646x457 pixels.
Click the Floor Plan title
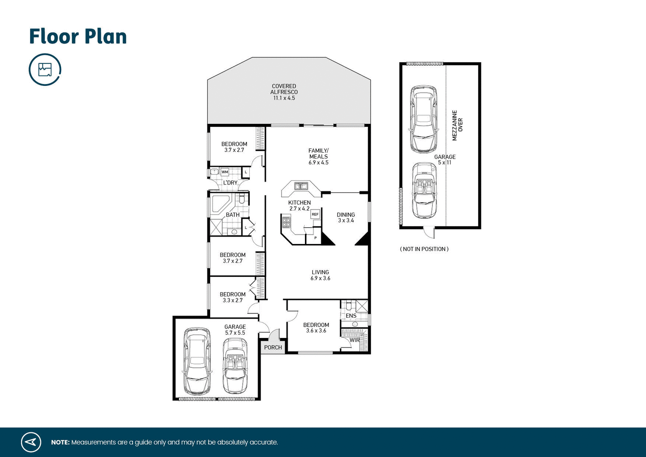(x=78, y=37)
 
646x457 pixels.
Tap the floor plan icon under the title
(x=45, y=69)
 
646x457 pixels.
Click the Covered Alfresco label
(x=284, y=92)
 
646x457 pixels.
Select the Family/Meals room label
(x=318, y=157)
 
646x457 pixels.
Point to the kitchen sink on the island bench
(x=301, y=186)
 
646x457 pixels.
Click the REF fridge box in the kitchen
(x=315, y=214)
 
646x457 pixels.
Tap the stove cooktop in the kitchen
(x=286, y=222)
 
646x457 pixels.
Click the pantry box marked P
(x=315, y=238)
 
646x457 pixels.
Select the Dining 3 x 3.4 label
(x=346, y=217)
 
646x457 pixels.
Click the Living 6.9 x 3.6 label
(x=320, y=275)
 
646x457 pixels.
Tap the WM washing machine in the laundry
(x=224, y=172)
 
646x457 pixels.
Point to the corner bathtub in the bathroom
(x=220, y=204)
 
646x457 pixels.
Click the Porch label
(x=273, y=347)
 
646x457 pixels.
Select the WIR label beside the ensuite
(x=354, y=340)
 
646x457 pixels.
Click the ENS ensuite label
(x=351, y=316)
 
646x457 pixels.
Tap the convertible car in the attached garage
(x=235, y=365)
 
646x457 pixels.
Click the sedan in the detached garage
(x=424, y=119)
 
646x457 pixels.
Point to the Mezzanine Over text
(x=457, y=125)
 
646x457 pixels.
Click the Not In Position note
(x=424, y=249)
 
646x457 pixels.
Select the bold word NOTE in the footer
(x=60, y=442)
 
